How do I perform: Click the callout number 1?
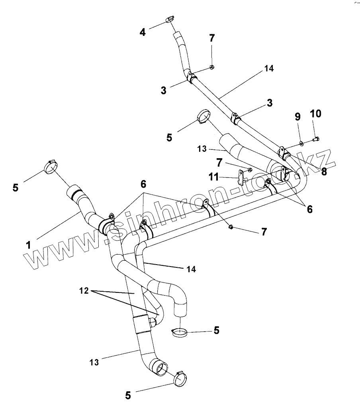28,245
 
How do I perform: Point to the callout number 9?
297,118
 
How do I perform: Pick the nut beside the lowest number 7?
231,228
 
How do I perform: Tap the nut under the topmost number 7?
212,67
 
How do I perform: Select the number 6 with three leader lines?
143,184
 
